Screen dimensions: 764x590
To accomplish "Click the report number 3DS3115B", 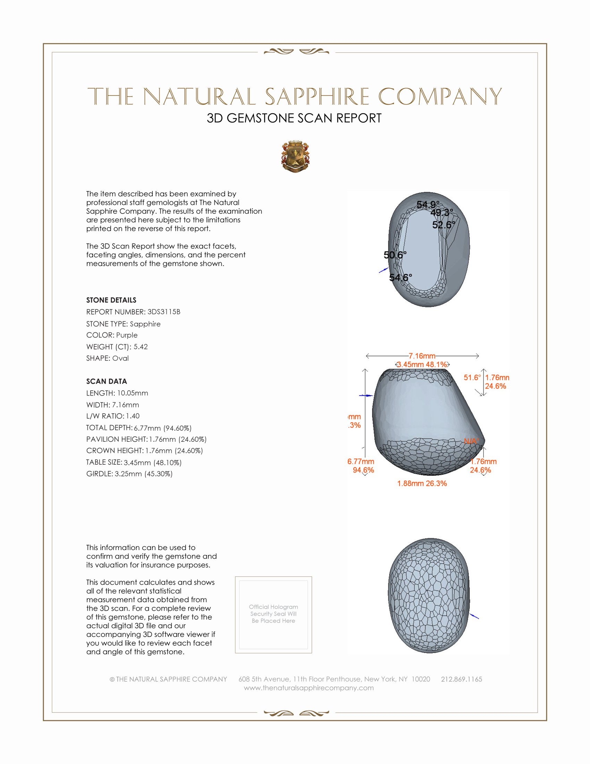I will [x=163, y=312].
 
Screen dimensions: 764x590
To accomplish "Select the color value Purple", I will [x=127, y=335].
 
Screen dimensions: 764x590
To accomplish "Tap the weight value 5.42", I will [x=141, y=347].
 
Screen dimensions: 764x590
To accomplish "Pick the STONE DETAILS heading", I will [x=111, y=300].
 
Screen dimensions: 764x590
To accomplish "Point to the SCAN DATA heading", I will [x=106, y=381].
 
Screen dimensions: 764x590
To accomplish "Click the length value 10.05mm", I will [x=132, y=393].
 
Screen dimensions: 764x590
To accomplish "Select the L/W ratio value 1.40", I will [x=133, y=416].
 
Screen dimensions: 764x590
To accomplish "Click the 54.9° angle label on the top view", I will [x=428, y=205].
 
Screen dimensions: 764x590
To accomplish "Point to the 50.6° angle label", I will [x=395, y=255].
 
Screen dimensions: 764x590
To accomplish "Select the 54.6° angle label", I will [x=401, y=277].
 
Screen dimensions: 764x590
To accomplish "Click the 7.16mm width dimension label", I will [x=422, y=356].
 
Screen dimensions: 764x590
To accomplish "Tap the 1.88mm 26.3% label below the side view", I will [x=422, y=483].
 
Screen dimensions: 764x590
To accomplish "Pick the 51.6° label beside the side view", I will [x=472, y=377].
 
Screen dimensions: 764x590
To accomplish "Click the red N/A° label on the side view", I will [x=472, y=441].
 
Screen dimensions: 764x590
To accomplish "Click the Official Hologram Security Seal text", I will [x=273, y=614].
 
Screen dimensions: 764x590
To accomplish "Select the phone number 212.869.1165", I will [x=461, y=679].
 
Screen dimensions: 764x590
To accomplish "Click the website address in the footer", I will [x=309, y=688].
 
